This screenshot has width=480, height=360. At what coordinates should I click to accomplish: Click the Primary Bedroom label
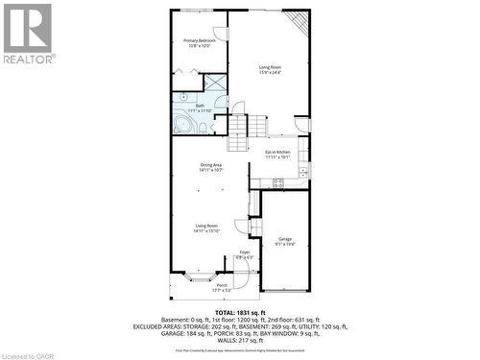[x=200, y=43]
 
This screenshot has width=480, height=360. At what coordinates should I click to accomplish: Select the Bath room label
[x=201, y=108]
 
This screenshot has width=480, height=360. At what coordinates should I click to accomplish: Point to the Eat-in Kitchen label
[x=278, y=155]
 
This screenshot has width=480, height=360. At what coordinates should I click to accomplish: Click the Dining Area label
[x=212, y=167]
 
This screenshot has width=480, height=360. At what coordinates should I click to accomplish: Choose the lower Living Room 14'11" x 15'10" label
[x=206, y=228]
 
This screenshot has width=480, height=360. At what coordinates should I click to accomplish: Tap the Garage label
[x=285, y=241]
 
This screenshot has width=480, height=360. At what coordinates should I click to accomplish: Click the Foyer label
[x=245, y=254]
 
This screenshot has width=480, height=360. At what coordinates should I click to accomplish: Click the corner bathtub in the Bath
[x=183, y=123]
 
